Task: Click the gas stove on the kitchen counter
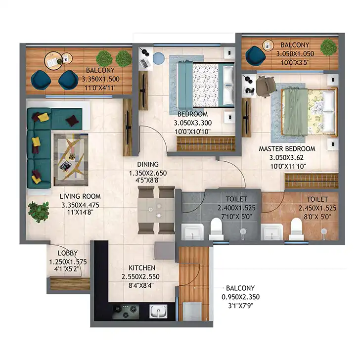(x=126, y=312)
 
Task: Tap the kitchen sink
(x=158, y=312)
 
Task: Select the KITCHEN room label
(x=142, y=268)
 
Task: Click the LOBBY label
(x=68, y=253)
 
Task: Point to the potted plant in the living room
(x=39, y=212)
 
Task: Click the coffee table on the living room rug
(x=71, y=160)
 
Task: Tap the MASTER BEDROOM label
(x=287, y=149)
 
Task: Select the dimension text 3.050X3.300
(x=193, y=123)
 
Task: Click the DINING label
(x=148, y=164)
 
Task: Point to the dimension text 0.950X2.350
(x=241, y=297)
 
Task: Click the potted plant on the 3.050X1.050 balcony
(x=329, y=47)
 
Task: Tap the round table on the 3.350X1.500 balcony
(x=53, y=60)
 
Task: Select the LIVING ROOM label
(x=80, y=196)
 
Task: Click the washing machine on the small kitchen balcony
(x=192, y=311)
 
